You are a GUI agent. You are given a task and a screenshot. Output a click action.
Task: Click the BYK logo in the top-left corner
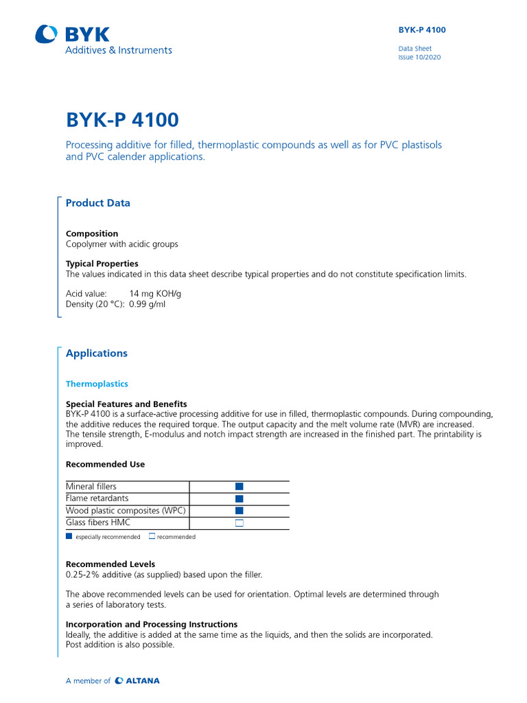[x=72, y=34]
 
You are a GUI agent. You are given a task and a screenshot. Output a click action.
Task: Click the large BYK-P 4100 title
[x=122, y=120]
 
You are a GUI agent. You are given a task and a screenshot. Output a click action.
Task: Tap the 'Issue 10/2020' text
[x=419, y=58]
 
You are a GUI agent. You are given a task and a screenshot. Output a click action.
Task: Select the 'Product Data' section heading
[x=97, y=203]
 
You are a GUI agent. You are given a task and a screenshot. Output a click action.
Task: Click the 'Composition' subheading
[x=92, y=233]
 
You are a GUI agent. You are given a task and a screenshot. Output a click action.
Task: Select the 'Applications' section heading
[x=96, y=354]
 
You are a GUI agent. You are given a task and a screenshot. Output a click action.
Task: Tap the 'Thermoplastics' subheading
[x=97, y=384]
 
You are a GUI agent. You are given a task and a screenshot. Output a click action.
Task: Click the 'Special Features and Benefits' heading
[x=126, y=404]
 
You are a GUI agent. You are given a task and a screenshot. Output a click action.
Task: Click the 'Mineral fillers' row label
[x=91, y=486]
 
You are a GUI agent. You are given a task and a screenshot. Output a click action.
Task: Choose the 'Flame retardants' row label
[x=97, y=498]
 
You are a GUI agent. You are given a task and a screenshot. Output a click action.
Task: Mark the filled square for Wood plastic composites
[x=239, y=511]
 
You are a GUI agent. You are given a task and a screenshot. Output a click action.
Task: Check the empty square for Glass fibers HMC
[x=239, y=523]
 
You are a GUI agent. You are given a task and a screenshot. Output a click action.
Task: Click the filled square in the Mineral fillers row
[x=239, y=486]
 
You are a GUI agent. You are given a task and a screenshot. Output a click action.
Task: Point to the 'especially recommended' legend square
[x=69, y=536]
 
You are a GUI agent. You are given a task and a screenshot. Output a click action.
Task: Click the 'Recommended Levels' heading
[x=110, y=564]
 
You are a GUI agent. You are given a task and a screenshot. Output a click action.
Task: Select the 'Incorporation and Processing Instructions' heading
[x=152, y=624]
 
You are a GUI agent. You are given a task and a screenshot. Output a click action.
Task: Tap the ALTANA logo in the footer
[x=137, y=681]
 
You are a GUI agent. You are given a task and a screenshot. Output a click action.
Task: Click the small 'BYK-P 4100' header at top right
[x=422, y=30]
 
